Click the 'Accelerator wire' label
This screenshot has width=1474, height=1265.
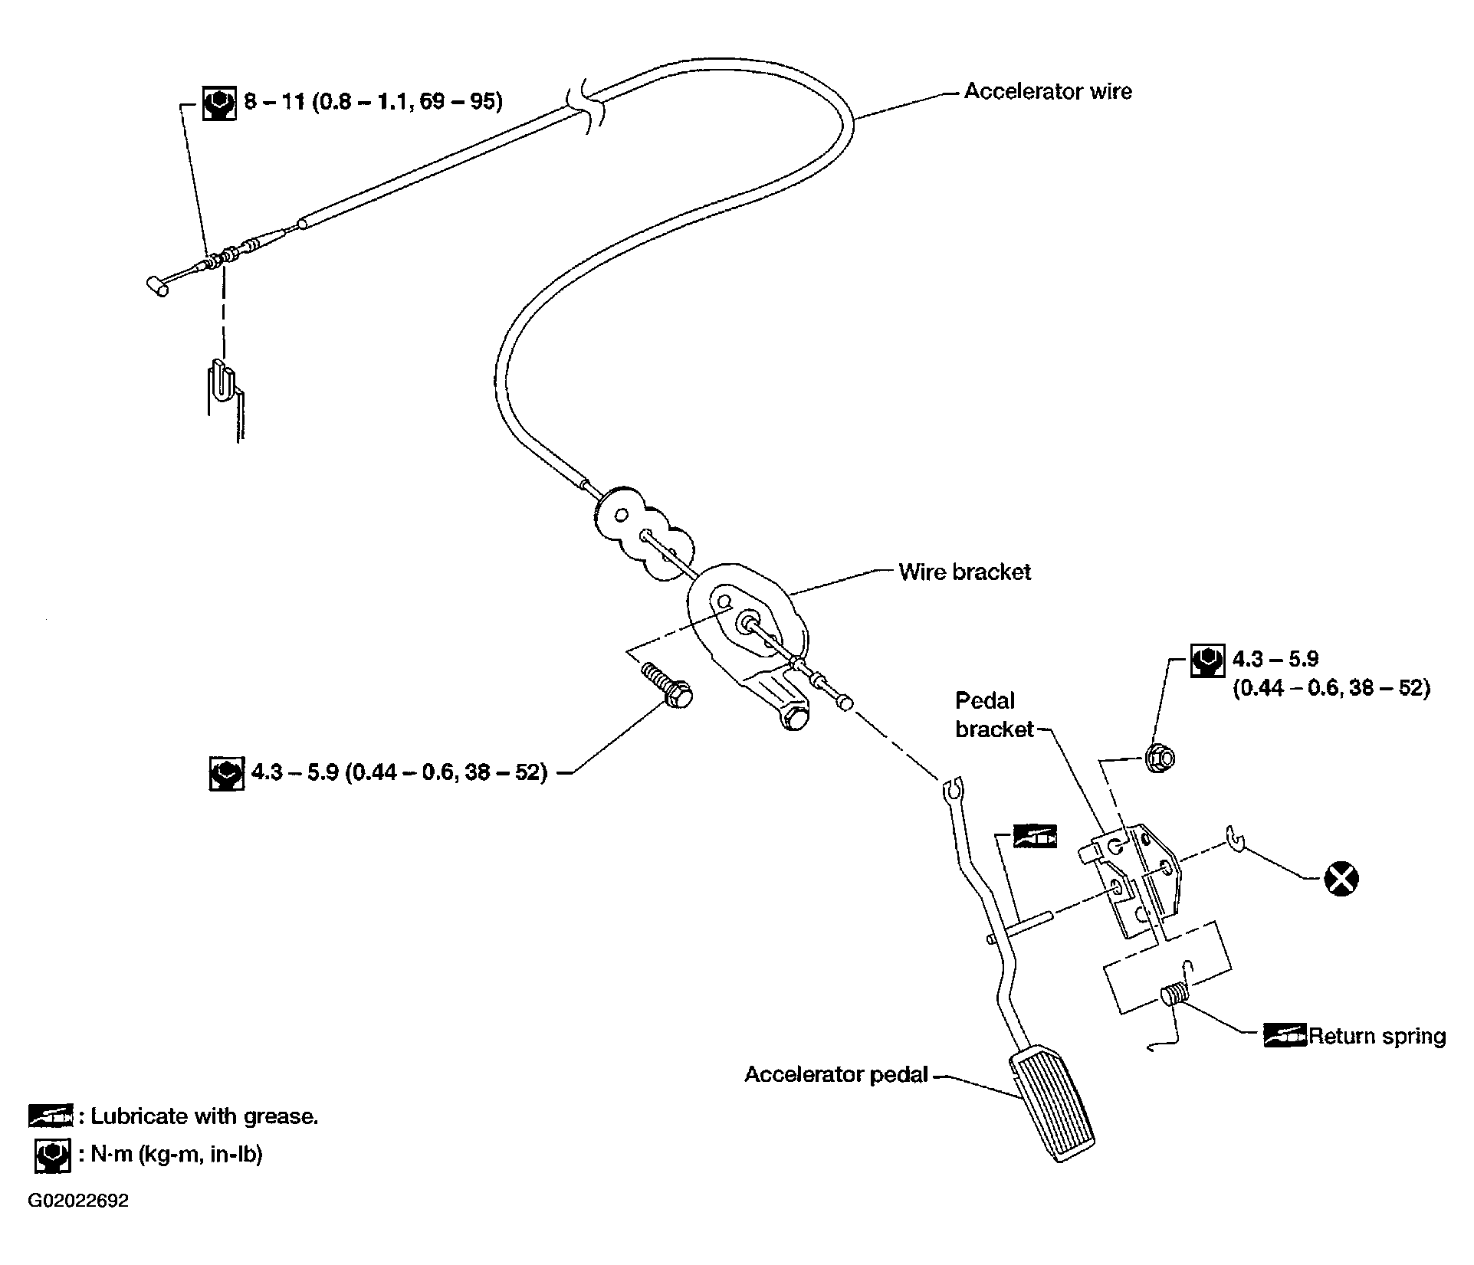pyautogui.click(x=1047, y=92)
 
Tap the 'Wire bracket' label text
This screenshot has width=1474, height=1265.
pyautogui.click(x=964, y=572)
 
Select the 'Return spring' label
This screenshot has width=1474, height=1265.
pyautogui.click(x=1377, y=1037)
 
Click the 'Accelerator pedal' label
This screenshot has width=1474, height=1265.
pyautogui.click(x=836, y=1074)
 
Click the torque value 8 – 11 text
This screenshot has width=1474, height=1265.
pyautogui.click(x=373, y=102)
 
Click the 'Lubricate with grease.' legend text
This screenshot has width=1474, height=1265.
pyautogui.click(x=204, y=1116)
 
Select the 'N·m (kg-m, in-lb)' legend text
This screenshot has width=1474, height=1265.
pyautogui.click(x=176, y=1155)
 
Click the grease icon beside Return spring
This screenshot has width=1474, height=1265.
pyautogui.click(x=1284, y=1036)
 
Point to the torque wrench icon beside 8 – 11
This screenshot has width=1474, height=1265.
pyautogui.click(x=218, y=103)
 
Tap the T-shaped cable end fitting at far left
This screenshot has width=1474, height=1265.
pyautogui.click(x=159, y=286)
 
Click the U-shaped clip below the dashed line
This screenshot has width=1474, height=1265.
pyautogui.click(x=220, y=381)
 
